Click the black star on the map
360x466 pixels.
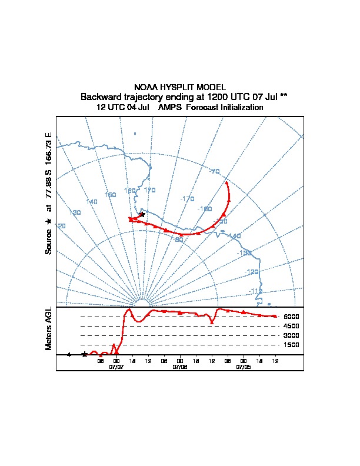[142, 215]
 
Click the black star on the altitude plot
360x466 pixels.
[85, 354]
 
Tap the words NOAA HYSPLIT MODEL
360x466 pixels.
[180, 87]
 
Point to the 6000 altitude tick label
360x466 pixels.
[291, 317]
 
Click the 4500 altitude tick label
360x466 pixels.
[291, 326]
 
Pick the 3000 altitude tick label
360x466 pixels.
[291, 335]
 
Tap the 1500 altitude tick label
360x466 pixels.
[291, 345]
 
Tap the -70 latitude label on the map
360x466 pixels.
[215, 171]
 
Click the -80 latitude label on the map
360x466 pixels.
[178, 239]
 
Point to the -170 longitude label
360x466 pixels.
[188, 199]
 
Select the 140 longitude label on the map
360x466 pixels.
[92, 202]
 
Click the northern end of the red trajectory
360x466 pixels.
[228, 183]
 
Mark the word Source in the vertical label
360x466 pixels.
[49, 242]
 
